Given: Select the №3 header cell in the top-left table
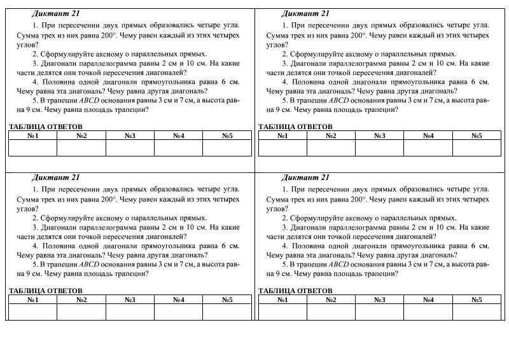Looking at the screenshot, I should click(x=130, y=135).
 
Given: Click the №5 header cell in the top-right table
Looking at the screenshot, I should click(x=477, y=135).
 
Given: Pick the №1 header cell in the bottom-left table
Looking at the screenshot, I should click(x=32, y=299).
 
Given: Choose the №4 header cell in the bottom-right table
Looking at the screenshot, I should click(x=428, y=299).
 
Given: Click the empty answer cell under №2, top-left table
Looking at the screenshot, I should click(x=81, y=148).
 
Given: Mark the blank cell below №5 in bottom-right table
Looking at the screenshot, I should click(x=477, y=312).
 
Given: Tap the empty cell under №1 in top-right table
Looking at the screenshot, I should click(x=282, y=148).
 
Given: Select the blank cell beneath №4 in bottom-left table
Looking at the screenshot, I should click(x=178, y=312).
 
